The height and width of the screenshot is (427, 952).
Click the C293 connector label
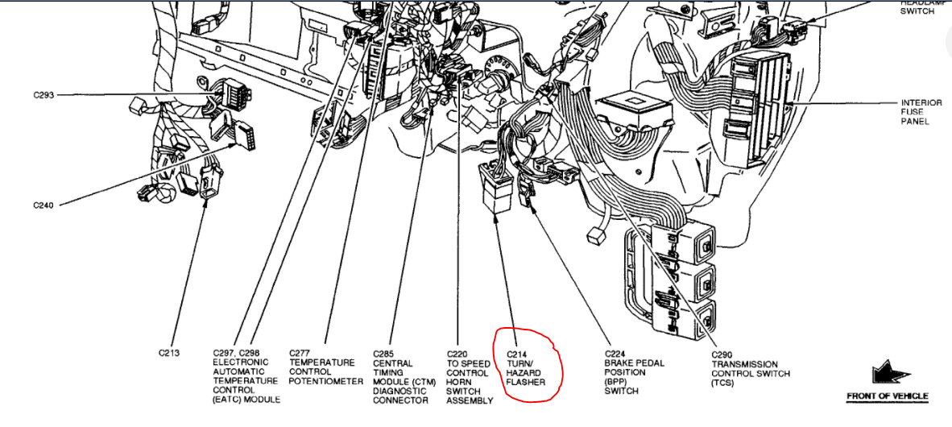43,95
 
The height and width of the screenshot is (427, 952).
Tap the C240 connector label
43,205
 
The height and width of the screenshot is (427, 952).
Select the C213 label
169,353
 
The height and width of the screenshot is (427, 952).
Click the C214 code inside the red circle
517,354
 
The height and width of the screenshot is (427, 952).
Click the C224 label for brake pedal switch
615,353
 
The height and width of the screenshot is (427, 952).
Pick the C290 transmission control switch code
722,354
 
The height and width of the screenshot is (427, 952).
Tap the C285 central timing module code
383,354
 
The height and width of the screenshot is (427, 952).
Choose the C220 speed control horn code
457,354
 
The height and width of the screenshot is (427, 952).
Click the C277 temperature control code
300,354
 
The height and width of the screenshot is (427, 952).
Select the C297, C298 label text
236,354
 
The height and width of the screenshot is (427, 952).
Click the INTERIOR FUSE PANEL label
915,112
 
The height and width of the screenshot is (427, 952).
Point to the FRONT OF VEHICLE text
887,396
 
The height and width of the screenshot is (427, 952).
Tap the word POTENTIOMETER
326,381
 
